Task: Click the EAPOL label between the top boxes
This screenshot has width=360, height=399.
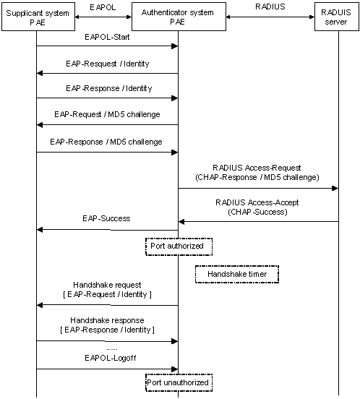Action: click(x=103, y=7)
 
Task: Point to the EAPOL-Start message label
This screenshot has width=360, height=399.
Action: click(x=107, y=37)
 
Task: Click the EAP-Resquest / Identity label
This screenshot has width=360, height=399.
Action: click(x=108, y=64)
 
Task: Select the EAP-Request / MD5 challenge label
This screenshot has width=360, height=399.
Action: click(x=107, y=114)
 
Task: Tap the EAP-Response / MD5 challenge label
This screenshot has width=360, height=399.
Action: click(x=106, y=142)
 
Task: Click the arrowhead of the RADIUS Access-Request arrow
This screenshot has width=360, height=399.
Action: click(x=335, y=189)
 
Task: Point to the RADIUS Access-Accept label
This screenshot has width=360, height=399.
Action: click(x=257, y=202)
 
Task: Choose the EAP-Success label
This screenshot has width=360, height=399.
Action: click(x=106, y=218)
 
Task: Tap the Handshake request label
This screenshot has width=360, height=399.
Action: click(x=107, y=285)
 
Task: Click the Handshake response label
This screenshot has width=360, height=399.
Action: click(x=107, y=320)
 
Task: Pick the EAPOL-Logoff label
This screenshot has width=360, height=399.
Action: click(x=110, y=358)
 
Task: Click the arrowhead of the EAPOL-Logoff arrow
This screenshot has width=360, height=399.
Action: click(x=174, y=369)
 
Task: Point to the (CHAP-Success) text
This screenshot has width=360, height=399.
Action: click(x=257, y=212)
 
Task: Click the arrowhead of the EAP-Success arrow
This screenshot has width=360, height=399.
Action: click(x=40, y=230)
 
